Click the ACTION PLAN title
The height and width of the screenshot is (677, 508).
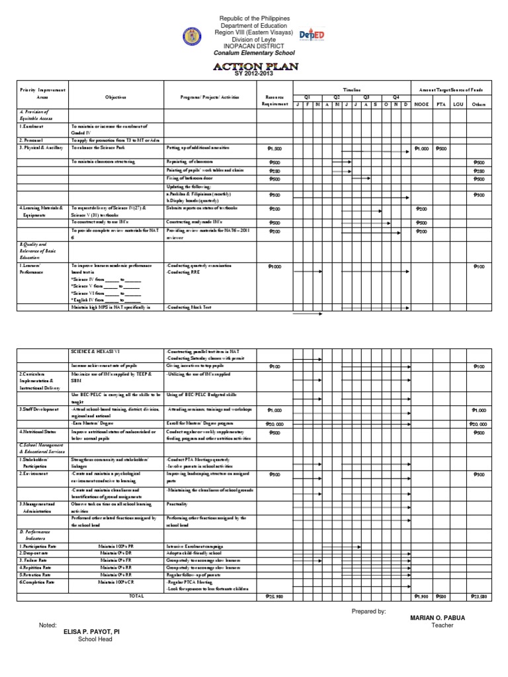tap(255, 67)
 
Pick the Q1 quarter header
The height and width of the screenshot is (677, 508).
tap(307, 96)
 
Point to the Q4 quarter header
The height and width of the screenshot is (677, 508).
tap(396, 96)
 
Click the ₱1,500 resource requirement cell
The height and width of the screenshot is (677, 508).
tap(275, 149)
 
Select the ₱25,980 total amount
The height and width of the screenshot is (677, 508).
tap(274, 596)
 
